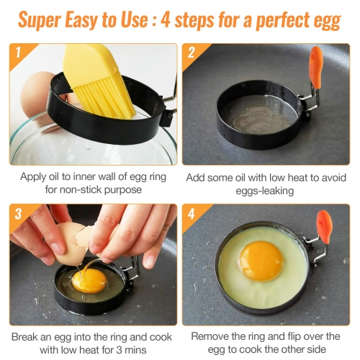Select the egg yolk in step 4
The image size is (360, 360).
point(260,261)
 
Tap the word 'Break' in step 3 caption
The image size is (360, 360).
point(27,336)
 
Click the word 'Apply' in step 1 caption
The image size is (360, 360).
point(33,176)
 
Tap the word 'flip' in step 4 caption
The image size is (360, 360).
point(295,336)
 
